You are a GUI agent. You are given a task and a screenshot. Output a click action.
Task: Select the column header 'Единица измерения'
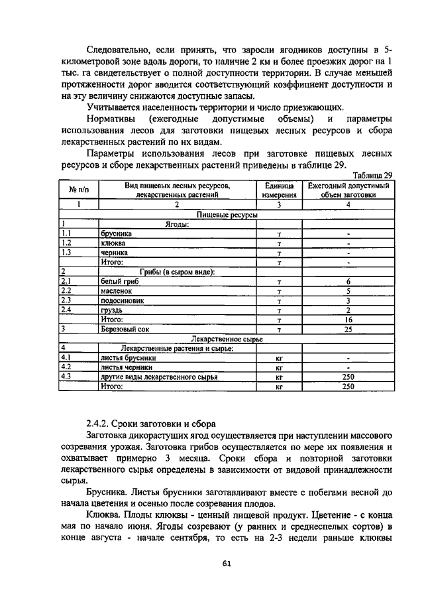pyautogui.click(x=279, y=191)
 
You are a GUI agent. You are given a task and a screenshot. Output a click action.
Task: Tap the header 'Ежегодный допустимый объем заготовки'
pyautogui.click(x=348, y=191)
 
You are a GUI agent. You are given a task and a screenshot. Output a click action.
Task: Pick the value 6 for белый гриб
pyautogui.click(x=348, y=282)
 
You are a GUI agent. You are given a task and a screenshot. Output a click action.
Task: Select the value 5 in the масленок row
pyautogui.click(x=348, y=291)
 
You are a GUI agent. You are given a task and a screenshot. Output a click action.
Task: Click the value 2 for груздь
pyautogui.click(x=348, y=310)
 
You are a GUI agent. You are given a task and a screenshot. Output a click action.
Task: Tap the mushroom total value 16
pyautogui.click(x=348, y=319)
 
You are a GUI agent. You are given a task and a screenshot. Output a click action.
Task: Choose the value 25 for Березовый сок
pyautogui.click(x=348, y=329)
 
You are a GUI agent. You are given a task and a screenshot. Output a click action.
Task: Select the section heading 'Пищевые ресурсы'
pyautogui.click(x=227, y=215)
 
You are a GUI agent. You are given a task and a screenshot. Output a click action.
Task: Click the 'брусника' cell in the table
pyautogui.click(x=116, y=234)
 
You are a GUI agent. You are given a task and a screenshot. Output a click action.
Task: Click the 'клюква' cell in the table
pyautogui.click(x=113, y=243)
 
